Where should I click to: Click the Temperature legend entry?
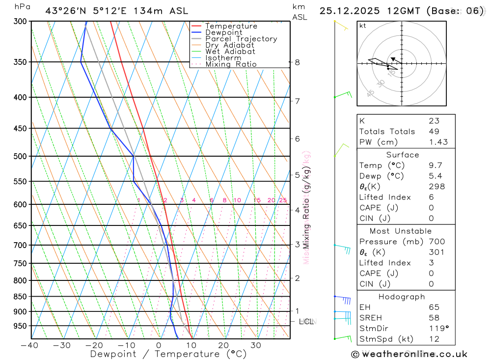(231, 26)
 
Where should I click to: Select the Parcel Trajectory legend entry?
(241, 39)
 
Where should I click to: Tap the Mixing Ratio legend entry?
(231, 64)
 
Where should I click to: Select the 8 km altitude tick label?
(297, 62)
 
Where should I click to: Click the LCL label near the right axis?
(306, 322)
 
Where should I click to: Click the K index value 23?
(434, 121)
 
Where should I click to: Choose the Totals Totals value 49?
(434, 132)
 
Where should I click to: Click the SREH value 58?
(434, 318)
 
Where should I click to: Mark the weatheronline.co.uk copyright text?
(409, 354)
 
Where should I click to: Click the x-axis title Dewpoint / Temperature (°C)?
(168, 354)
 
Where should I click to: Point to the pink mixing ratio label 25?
(283, 200)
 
